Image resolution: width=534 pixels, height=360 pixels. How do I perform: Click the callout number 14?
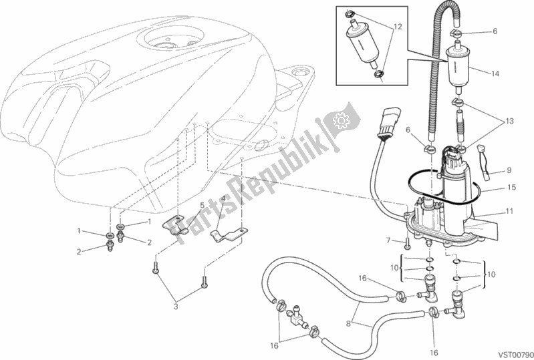tap(495, 73)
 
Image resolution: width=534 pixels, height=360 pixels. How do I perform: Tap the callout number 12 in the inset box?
tap(398, 27)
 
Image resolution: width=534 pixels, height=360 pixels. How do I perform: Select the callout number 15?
tap(511, 187)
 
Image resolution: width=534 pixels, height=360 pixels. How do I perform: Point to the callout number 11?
tap(509, 211)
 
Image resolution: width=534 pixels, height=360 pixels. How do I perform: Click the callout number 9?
tap(509, 170)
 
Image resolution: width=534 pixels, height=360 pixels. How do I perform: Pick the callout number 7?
tap(388, 240)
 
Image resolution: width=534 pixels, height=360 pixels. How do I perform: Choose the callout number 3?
tap(176, 307)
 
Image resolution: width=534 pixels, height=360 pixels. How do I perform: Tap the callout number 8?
tap(348, 323)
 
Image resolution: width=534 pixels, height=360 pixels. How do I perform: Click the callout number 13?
tap(510, 121)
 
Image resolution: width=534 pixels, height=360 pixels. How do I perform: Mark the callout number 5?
tap(202, 205)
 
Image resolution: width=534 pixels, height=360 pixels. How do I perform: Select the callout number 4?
tap(223, 198)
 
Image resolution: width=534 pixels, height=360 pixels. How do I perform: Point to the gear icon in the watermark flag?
tap(340, 120)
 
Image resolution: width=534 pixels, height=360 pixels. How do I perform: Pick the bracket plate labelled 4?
tap(227, 235)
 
